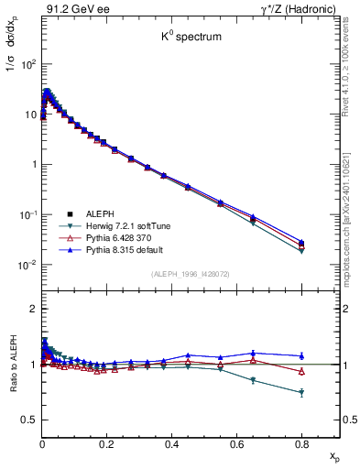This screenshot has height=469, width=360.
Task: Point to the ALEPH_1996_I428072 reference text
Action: (x=191, y=274)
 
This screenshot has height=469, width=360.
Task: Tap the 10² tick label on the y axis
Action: (x=28, y=64)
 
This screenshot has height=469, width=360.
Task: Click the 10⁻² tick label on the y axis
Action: (x=27, y=265)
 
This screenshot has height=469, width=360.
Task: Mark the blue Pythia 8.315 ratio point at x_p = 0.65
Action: (x=253, y=353)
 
